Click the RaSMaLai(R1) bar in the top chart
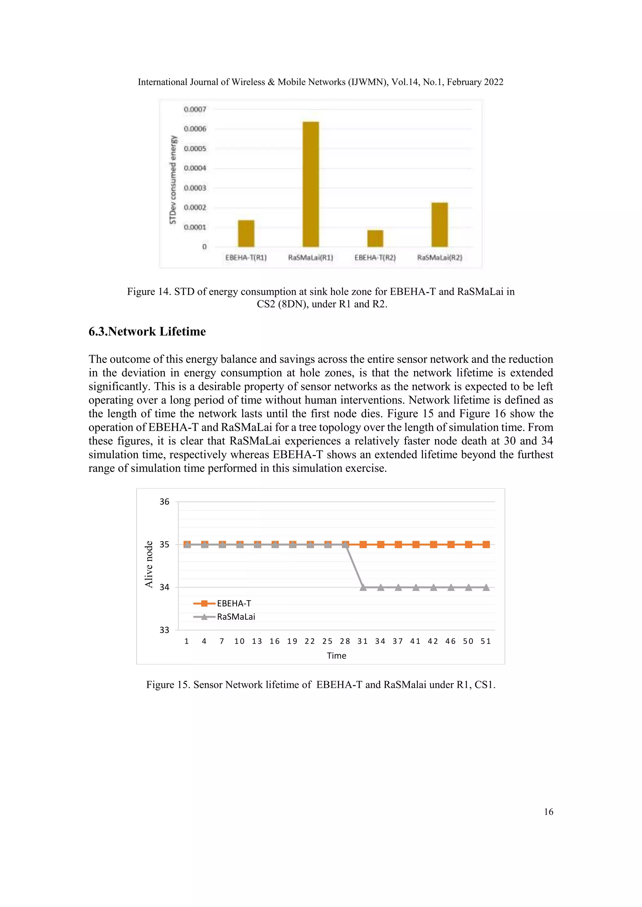[x=311, y=184]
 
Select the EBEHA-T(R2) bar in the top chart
[x=375, y=238]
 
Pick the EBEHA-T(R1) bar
[x=246, y=233]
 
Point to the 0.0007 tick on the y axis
[x=195, y=109]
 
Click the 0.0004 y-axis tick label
[x=195, y=168]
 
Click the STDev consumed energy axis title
[x=173, y=180]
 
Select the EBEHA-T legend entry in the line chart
[x=234, y=603]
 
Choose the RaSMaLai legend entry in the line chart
[x=236, y=617]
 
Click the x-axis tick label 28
[x=345, y=641]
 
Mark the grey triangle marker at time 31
[x=363, y=588]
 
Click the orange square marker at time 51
[x=486, y=544]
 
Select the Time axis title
[x=336, y=656]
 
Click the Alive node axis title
[x=149, y=564]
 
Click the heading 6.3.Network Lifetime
[x=147, y=331]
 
